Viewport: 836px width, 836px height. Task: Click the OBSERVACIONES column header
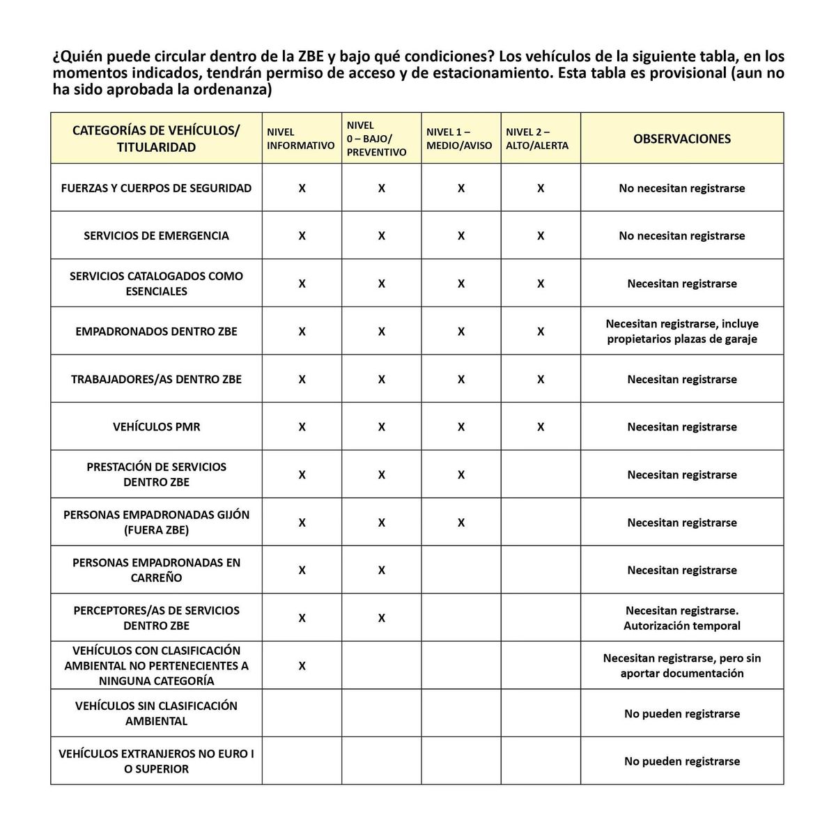(x=681, y=139)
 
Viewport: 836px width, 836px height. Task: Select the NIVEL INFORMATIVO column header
(x=300, y=139)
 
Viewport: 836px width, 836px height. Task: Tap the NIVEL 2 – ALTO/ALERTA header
(x=537, y=139)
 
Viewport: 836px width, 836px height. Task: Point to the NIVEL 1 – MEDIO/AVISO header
(x=459, y=139)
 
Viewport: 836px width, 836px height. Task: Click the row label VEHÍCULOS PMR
(x=156, y=426)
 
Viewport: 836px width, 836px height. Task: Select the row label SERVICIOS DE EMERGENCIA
(x=156, y=235)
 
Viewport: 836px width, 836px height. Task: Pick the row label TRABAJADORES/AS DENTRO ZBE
(x=156, y=379)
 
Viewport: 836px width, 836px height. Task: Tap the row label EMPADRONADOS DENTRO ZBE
(x=156, y=331)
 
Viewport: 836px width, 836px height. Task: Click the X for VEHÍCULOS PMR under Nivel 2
(x=541, y=426)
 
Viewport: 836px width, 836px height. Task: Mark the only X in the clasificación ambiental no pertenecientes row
(x=302, y=665)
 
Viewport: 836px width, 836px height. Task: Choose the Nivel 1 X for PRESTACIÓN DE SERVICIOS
(x=461, y=474)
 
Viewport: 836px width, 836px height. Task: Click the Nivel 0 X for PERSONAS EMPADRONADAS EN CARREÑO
(x=382, y=570)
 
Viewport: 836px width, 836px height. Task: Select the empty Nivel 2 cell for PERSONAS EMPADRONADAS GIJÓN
(x=541, y=522)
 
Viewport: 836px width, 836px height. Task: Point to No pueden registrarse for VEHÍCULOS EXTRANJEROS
(x=681, y=761)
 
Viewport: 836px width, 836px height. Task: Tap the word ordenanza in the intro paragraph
(x=233, y=90)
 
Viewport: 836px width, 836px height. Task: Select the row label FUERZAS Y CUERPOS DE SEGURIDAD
(x=156, y=188)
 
